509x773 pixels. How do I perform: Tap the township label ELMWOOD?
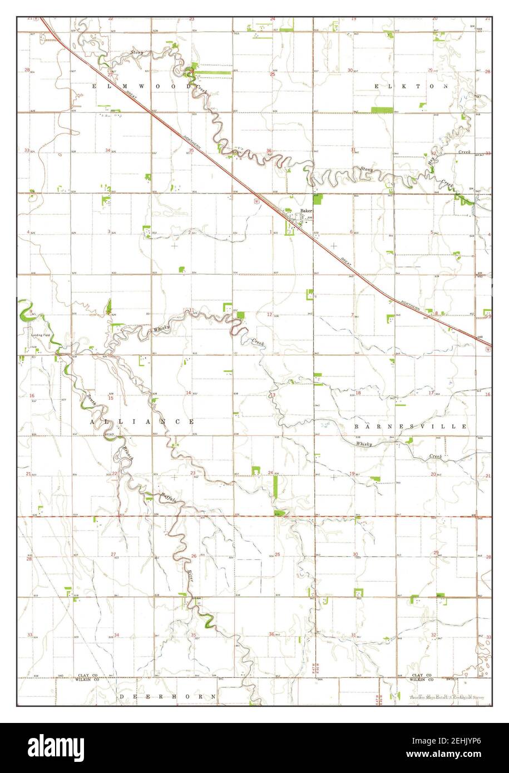pos(142,86)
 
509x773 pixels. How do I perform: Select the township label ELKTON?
pos(411,86)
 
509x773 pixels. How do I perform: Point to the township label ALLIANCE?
pos(142,422)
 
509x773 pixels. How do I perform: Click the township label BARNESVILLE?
pos(411,426)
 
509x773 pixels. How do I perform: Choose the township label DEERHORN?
pos(167,696)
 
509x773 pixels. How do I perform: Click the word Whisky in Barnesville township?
pos(364,444)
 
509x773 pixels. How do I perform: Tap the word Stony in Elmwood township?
pos(137,53)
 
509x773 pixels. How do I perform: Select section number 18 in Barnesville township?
pos(358,393)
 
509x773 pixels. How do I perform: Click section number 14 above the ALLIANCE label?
pos(188,393)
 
